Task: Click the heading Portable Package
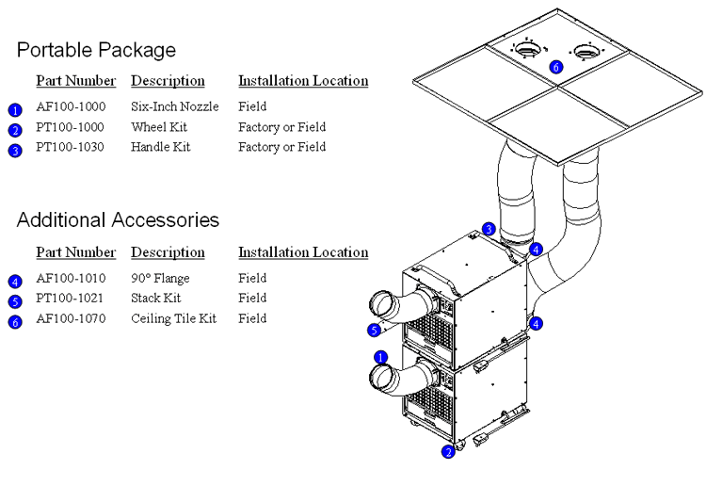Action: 96,50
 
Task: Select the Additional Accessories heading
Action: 118,220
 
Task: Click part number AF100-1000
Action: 71,106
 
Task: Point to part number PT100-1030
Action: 71,147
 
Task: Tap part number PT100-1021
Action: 71,298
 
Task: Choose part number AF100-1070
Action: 71,318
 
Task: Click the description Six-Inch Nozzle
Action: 174,106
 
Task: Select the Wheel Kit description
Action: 159,126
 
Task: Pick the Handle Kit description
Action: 161,147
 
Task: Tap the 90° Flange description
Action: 160,278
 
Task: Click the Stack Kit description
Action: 156,298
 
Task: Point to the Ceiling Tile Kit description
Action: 173,318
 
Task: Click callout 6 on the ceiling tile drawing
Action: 555,67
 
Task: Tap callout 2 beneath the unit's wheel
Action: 448,452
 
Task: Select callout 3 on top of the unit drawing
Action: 489,229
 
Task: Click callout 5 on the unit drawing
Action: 374,330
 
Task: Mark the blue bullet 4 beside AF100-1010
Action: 15,282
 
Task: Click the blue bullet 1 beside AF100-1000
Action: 15,110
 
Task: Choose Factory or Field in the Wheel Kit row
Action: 281,126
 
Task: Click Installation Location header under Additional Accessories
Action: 303,252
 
